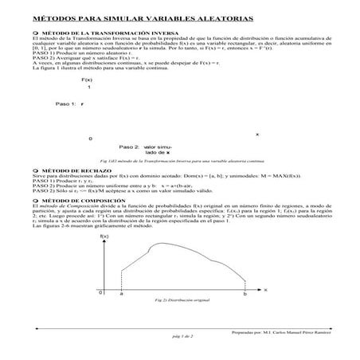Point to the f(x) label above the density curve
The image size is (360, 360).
click(104, 237)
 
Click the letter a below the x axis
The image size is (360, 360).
click(120, 293)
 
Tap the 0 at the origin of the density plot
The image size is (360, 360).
click(101, 293)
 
